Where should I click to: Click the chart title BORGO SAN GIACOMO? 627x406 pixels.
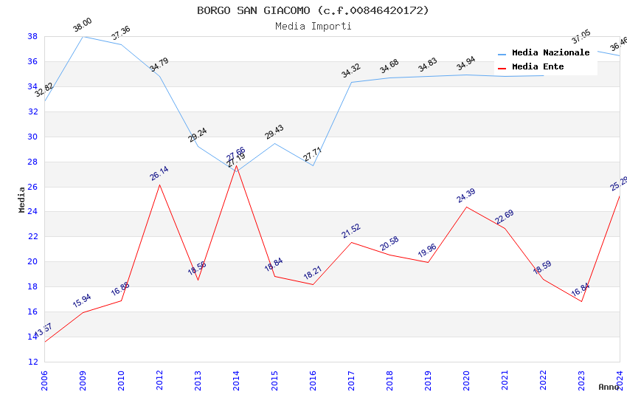pyautogui.click(x=313, y=10)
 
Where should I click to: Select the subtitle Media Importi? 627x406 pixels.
pyautogui.click(x=313, y=26)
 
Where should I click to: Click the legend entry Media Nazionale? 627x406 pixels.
pyautogui.click(x=550, y=52)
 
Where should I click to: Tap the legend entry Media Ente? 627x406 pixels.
pyautogui.click(x=538, y=66)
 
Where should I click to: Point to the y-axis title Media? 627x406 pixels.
pyautogui.click(x=22, y=199)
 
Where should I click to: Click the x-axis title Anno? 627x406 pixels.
pyautogui.click(x=609, y=387)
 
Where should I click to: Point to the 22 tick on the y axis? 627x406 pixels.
pyautogui.click(x=32, y=237)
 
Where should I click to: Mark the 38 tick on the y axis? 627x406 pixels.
pyautogui.click(x=32, y=36)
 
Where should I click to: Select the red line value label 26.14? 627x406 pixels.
pyautogui.click(x=159, y=173)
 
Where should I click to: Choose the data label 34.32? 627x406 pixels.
pyautogui.click(x=350, y=71)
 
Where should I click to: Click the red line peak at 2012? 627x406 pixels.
pyautogui.click(x=159, y=185)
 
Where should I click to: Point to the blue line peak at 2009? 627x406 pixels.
pyautogui.click(x=83, y=36)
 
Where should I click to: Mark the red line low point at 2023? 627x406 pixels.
pyautogui.click(x=581, y=301)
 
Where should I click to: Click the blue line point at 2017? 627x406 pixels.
pyautogui.click(x=351, y=82)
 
